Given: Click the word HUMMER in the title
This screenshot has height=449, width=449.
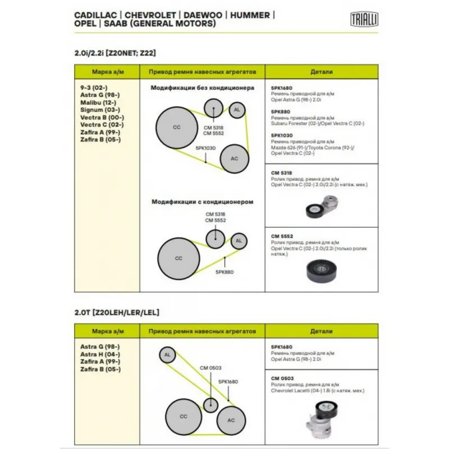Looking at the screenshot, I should click(x=249, y=15).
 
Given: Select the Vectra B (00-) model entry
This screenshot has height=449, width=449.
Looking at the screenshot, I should click(x=102, y=117).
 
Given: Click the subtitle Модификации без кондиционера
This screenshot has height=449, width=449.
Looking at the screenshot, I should click(x=203, y=88).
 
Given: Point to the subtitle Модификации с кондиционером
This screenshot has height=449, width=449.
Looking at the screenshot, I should click(x=203, y=201).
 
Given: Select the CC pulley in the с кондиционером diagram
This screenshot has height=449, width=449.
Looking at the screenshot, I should click(x=178, y=258).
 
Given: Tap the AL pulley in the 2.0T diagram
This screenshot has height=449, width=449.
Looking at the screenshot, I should click(x=167, y=355).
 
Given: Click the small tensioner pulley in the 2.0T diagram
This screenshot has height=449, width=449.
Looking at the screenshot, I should click(x=210, y=404).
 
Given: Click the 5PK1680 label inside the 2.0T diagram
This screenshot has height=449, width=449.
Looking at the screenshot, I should click(x=228, y=382).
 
